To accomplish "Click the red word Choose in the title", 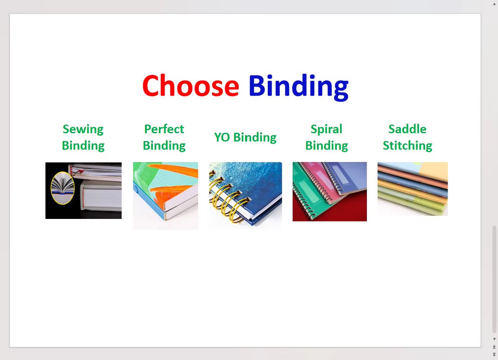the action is tap(190, 85).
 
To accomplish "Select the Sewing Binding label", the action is tap(83, 137).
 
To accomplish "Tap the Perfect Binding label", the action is tap(164, 137).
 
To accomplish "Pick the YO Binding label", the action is tap(245, 137).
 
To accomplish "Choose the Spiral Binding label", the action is tap(326, 137).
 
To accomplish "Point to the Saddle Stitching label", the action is tap(408, 137).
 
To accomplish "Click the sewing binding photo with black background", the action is tap(84, 190).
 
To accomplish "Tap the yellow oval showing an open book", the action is tap(63, 188).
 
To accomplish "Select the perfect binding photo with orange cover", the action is tap(165, 196).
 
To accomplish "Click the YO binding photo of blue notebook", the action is tap(245, 196).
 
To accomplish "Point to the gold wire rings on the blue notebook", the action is tap(227, 198).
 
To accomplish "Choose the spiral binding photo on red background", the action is tap(330, 191).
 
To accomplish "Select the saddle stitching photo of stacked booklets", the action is tap(412, 189).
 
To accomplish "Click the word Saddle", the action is tap(408, 129).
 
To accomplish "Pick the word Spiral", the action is tap(326, 130).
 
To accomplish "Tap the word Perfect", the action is tap(164, 129).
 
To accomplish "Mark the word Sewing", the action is tap(83, 130).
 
